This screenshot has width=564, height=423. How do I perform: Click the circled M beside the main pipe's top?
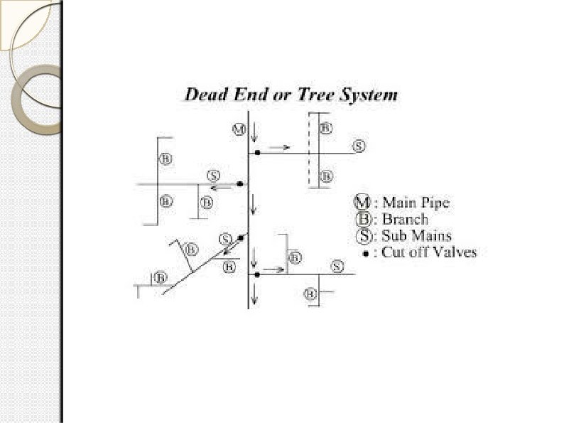pyautogui.click(x=239, y=129)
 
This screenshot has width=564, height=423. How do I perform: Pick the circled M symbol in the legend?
pyautogui.click(x=362, y=203)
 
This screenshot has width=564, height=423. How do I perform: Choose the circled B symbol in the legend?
pyautogui.click(x=362, y=219)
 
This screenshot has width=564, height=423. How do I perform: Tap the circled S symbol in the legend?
pyautogui.click(x=362, y=235)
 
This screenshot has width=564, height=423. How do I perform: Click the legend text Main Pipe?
pyautogui.click(x=416, y=203)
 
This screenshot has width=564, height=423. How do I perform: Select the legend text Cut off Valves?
pyautogui.click(x=428, y=252)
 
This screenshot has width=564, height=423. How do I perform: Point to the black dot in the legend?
pyautogui.click(x=364, y=252)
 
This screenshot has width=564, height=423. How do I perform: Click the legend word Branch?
pyautogui.click(x=405, y=219)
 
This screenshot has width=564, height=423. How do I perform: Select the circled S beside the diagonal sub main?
pyautogui.click(x=226, y=238)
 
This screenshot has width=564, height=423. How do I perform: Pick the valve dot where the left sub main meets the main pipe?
pyautogui.click(x=240, y=184)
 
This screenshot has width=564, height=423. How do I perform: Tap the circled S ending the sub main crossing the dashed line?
pyautogui.click(x=359, y=146)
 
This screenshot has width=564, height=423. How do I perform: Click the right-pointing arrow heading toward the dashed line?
pyautogui.click(x=280, y=148)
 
